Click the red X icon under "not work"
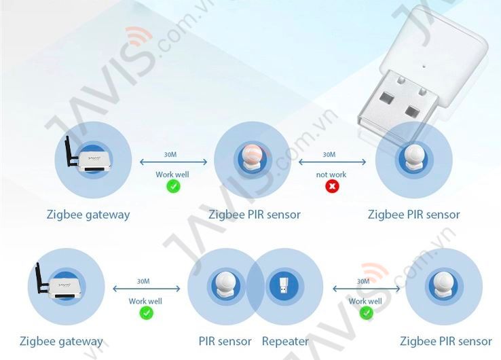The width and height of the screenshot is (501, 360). [x=332, y=185]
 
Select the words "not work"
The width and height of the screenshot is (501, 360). [x=331, y=175]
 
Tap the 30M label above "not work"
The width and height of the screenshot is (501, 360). [x=329, y=154]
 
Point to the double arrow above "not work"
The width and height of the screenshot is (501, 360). [x=332, y=162]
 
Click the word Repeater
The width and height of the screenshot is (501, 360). [x=285, y=342]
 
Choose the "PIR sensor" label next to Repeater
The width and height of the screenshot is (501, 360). [x=225, y=342]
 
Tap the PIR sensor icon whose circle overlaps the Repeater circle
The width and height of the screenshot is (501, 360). [x=225, y=285]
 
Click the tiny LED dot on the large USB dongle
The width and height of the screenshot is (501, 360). [x=424, y=67]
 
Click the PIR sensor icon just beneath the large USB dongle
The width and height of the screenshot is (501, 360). [x=414, y=158]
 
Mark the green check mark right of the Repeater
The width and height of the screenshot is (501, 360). [x=366, y=313]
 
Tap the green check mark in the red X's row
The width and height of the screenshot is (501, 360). [x=173, y=186]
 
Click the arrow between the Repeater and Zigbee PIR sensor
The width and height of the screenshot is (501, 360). [x=366, y=289]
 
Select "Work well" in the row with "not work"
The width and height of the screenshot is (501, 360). [x=172, y=175]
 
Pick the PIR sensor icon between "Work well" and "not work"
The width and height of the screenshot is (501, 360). [x=253, y=158]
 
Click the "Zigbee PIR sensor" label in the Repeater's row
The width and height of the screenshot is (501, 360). [x=446, y=342]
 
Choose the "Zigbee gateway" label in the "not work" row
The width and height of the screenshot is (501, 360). [x=88, y=215]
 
